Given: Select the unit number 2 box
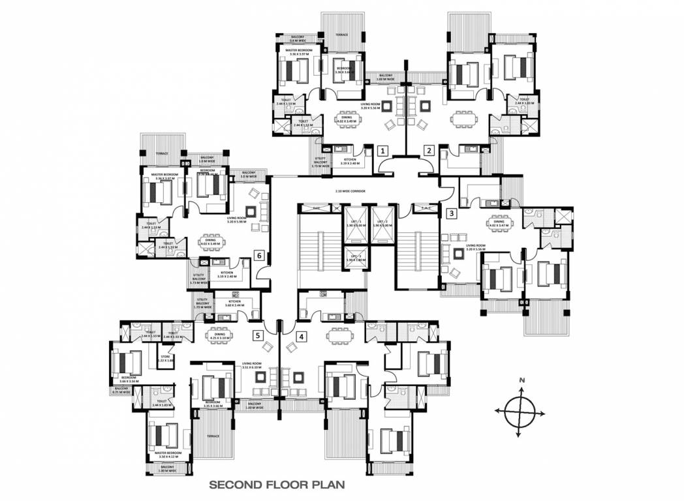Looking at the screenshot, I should (x=429, y=151).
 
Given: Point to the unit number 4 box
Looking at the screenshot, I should (x=300, y=337).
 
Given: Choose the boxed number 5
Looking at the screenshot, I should (x=258, y=336).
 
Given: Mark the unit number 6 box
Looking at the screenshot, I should (x=259, y=255).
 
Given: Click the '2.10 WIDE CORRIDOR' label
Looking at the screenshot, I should (x=350, y=191).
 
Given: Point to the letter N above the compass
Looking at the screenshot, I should (x=521, y=379).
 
